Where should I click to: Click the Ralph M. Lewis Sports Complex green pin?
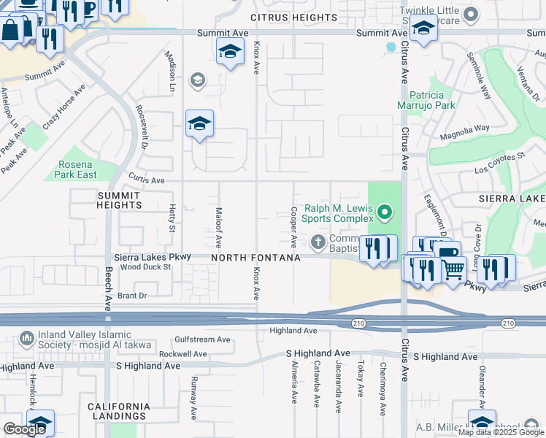pos(385,213)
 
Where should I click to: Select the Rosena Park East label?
pos(76,169)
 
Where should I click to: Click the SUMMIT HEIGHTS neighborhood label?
pos(120,200)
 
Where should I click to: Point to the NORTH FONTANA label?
pos(256,258)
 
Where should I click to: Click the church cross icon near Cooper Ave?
pos(318,241)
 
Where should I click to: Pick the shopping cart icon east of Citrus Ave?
pos(454,269)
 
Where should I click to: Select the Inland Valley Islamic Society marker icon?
pos(26,338)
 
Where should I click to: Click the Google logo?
pos(24,429)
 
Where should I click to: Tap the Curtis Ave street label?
pos(147,180)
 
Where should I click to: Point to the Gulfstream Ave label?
pos(201,339)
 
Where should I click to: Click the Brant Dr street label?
pos(132,296)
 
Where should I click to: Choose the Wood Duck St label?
pos(145,267)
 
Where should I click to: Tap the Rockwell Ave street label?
pos(183,353)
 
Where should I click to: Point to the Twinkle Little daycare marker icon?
pos(471,13)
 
